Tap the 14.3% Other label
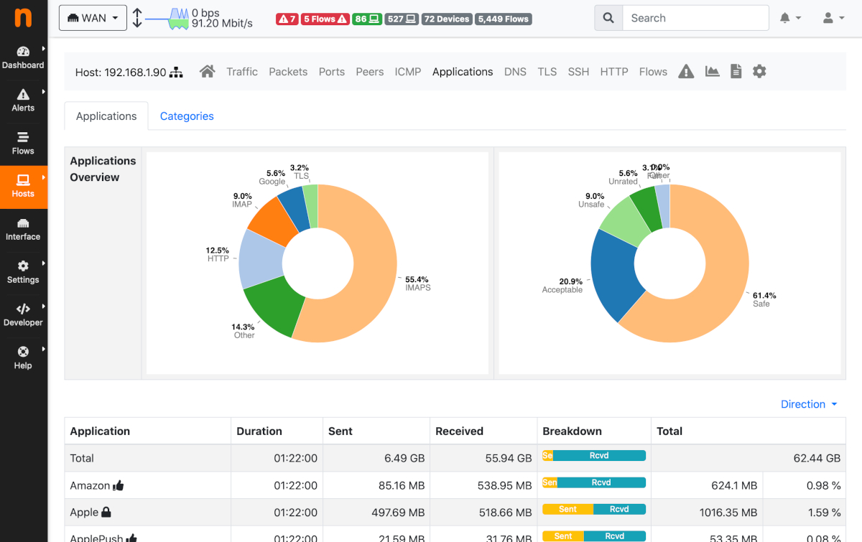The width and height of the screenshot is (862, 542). point(244,331)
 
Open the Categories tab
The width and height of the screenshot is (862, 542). point(187,116)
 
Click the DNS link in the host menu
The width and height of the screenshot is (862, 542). point(515,72)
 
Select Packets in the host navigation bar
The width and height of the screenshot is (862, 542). point(288,72)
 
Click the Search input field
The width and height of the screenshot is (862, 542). point(695,18)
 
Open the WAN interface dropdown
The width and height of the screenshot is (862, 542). point(93,18)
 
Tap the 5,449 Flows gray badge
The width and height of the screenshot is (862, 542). point(503,19)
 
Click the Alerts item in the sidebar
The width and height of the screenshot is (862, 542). point(23,100)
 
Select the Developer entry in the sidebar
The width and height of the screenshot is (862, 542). point(23,314)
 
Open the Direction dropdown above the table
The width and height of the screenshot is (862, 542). point(809,404)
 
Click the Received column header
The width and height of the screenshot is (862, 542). point(459,431)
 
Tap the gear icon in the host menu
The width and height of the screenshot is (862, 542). point(759,71)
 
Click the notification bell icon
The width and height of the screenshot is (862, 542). point(786,18)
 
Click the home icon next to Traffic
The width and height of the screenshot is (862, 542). point(208,71)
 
